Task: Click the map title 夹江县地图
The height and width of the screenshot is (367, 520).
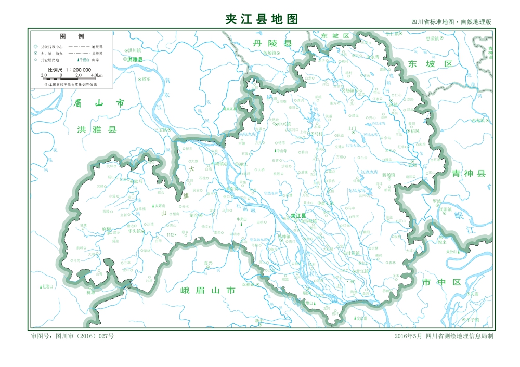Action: coord(262,19)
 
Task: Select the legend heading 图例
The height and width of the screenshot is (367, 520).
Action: coord(72,36)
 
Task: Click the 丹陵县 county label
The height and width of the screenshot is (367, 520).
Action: coord(272,44)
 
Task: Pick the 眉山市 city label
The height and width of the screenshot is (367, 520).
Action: coord(99,104)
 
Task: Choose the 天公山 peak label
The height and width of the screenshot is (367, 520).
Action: coord(451,251)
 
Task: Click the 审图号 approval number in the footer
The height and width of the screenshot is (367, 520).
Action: coord(72,336)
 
